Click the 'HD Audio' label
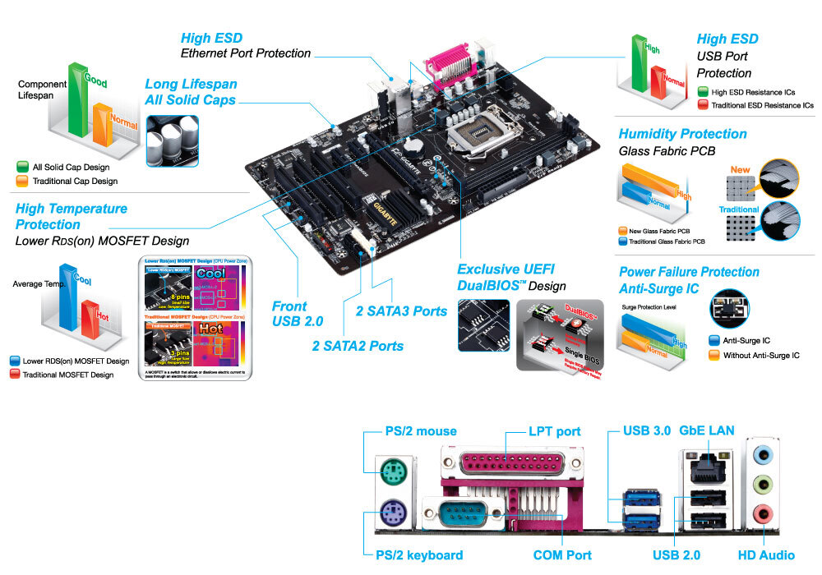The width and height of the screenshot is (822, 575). click(x=765, y=555)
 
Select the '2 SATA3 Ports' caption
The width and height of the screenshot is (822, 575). click(x=401, y=311)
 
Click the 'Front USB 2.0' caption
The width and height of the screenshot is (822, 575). click(x=298, y=313)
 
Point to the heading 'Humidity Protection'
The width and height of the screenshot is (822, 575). click(x=682, y=134)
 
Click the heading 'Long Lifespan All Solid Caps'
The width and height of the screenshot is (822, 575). click(x=191, y=92)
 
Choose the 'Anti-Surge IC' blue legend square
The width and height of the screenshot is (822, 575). click(x=713, y=340)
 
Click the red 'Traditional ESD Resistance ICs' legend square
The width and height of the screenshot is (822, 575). click(x=701, y=105)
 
